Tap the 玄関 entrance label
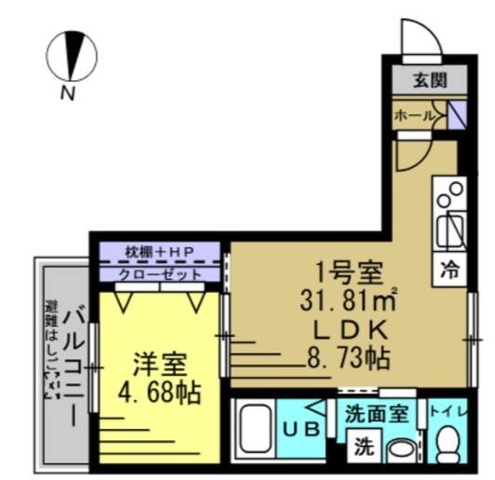[429, 80]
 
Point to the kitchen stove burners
[450, 194]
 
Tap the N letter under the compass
[68, 91]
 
